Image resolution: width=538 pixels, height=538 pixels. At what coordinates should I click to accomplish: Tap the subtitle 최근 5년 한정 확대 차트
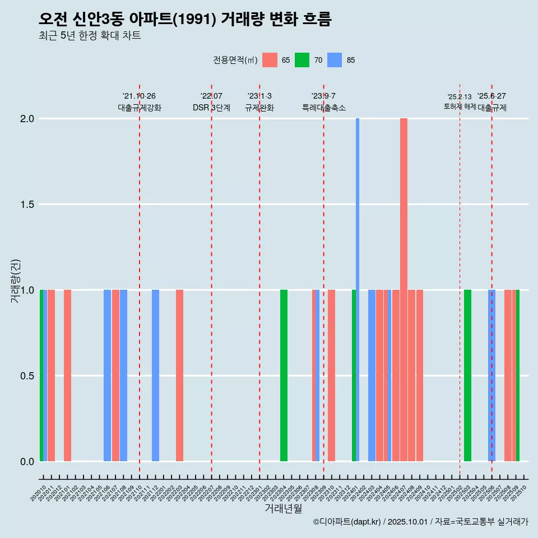click(90, 36)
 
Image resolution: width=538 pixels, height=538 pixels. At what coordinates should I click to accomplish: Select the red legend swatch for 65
click(270, 60)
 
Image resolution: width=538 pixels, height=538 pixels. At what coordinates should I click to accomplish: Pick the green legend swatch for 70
click(302, 60)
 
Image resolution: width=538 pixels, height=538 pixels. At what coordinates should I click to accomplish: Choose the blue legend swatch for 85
click(335, 60)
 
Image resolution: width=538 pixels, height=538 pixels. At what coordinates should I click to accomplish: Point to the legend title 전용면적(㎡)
click(235, 60)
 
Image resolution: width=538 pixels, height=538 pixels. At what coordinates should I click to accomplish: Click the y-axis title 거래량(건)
click(16, 280)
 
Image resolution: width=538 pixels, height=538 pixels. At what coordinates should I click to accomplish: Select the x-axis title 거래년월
click(283, 508)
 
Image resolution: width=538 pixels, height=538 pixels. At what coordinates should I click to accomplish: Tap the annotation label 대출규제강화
click(140, 108)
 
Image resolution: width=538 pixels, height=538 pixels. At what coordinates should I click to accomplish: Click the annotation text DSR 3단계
click(211, 108)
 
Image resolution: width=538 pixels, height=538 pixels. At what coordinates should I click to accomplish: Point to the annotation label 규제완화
click(259, 108)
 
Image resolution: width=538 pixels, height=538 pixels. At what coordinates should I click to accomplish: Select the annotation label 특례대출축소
click(324, 108)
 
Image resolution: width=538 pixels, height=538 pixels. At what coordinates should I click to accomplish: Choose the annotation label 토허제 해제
click(460, 106)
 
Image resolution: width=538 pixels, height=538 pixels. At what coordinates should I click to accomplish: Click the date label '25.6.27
click(491, 96)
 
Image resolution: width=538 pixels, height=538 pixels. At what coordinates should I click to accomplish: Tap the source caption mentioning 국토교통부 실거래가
click(420, 522)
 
